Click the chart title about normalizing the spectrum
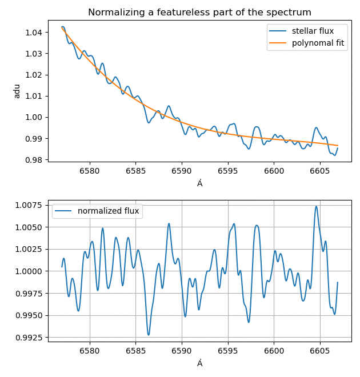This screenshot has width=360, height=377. pos(199,12)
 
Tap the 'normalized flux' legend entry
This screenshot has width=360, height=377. pos(108,211)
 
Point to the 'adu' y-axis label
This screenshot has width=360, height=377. pos(17,91)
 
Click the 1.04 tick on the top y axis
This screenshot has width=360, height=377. pos(33,33)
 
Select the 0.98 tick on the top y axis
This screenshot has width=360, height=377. pos(33,160)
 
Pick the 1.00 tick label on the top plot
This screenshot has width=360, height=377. pos(33,118)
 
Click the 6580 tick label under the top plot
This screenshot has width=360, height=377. pos(90,171)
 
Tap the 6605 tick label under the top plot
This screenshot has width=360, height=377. pos(319,171)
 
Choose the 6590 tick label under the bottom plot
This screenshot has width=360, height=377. pos(182,351)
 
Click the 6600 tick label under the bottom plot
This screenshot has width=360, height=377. pos(274,351)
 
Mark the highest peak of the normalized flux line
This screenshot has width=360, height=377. pos(316,206)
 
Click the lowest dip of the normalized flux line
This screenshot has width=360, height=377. pos(149,335)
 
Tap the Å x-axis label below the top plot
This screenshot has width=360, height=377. pos(200,183)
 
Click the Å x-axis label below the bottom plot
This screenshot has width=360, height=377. pos(200,363)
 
